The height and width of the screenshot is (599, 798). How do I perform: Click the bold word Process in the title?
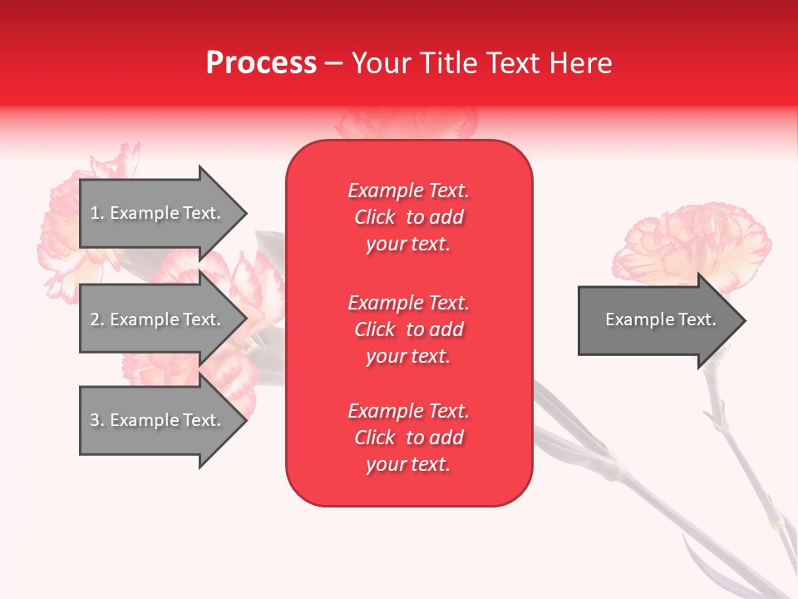(x=261, y=63)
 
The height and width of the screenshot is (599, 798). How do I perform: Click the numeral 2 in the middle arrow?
(x=95, y=319)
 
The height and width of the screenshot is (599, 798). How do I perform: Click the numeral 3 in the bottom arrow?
(x=95, y=420)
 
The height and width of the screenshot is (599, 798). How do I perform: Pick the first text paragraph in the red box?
(x=408, y=217)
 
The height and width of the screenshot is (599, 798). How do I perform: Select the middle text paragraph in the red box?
(x=408, y=329)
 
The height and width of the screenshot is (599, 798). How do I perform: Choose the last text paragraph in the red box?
(x=408, y=438)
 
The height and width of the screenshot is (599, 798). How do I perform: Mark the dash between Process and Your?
(x=333, y=63)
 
